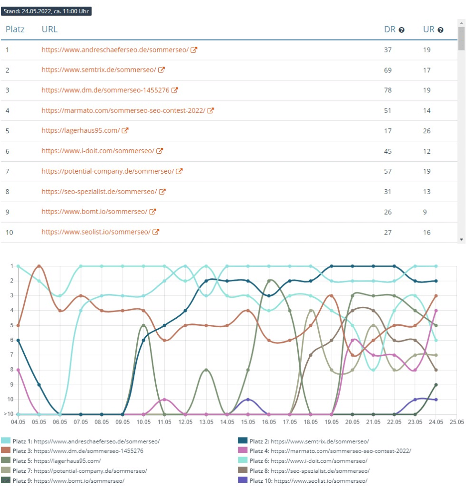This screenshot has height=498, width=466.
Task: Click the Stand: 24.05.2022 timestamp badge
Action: click(46, 11)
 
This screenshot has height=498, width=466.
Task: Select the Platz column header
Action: click(15, 29)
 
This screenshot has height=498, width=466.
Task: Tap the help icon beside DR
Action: click(402, 30)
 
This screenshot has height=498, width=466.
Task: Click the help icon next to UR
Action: click(440, 30)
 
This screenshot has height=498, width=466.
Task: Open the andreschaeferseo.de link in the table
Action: click(115, 49)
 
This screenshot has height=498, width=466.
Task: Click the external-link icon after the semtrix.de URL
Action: click(162, 70)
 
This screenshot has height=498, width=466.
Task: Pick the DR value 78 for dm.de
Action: click(388, 90)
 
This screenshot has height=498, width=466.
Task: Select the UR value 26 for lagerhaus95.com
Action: click(427, 131)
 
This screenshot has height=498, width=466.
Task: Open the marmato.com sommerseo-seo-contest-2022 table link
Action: click(123, 110)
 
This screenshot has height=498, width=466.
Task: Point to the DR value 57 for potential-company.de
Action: click(388, 171)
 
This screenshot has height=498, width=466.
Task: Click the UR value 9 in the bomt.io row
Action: click(425, 212)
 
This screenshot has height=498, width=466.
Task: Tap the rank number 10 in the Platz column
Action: click(9, 233)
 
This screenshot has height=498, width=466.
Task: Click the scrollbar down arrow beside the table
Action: click(461, 239)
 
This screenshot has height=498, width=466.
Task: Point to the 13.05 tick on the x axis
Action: click(206, 422)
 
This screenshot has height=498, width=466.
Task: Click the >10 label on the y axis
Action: click(8, 414)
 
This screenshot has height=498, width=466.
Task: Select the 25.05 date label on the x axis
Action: click(456, 422)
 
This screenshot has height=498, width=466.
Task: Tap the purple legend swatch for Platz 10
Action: click(243, 480)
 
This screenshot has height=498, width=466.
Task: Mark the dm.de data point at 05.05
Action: click(39, 266)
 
